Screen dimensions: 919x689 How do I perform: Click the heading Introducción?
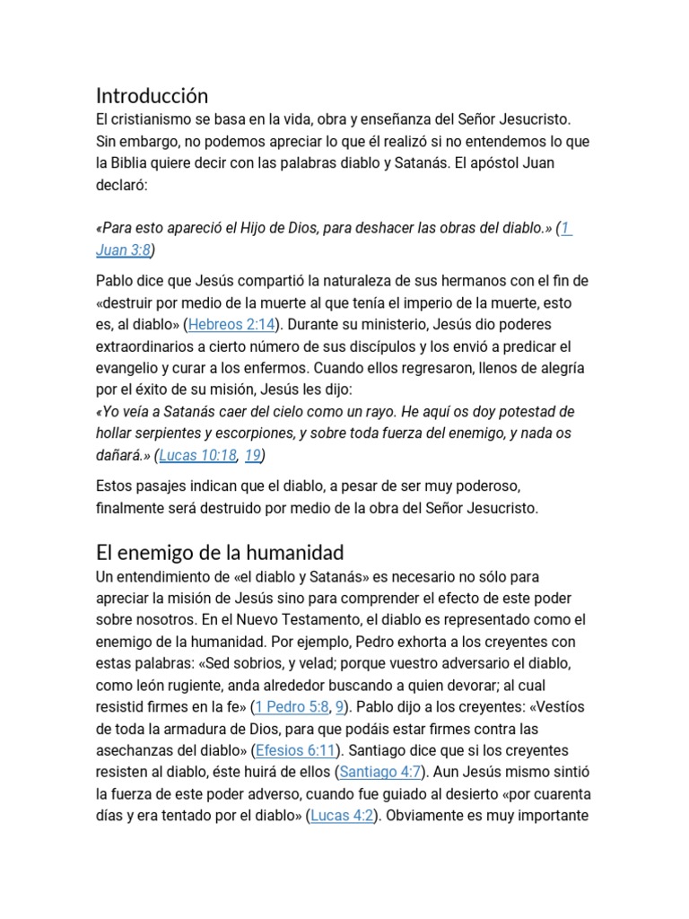pos(152,96)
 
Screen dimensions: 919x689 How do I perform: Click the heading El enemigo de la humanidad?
pos(220,552)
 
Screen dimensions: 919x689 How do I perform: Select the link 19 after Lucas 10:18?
pos(252,455)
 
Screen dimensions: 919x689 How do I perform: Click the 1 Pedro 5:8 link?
pos(292,707)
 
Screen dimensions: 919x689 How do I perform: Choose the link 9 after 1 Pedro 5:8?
pos(340,707)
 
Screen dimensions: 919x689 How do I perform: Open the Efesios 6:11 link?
pos(297,750)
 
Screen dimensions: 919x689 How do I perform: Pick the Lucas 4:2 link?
pos(342,816)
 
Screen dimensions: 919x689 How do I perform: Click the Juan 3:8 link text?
pos(125,250)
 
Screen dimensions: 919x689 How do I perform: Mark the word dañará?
pos(122,455)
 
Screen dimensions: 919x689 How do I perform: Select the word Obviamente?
pos(437,816)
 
